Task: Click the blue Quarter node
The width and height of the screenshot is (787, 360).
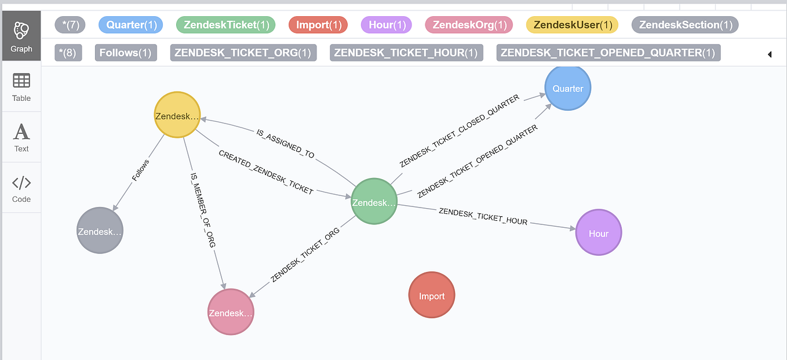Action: [568, 88]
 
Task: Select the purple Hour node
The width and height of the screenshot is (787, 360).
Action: [599, 233]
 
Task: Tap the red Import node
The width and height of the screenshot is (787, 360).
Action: [432, 296]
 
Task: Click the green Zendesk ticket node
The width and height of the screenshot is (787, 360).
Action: [374, 202]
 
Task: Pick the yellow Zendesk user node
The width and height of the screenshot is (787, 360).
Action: [177, 115]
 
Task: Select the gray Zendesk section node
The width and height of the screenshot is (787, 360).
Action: [100, 231]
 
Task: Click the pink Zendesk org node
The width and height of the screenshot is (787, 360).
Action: [231, 312]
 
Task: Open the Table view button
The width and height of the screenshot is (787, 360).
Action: [21, 87]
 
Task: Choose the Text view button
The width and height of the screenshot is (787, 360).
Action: [21, 137]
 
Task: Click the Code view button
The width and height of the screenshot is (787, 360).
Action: [21, 188]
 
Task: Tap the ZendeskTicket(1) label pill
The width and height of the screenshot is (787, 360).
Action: [225, 25]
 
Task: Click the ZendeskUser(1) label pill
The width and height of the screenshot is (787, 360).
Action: [572, 25]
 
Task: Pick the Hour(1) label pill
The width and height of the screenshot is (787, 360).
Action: [386, 25]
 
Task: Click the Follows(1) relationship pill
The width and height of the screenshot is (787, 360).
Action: [126, 53]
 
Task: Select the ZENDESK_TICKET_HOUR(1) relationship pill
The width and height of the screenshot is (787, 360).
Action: [406, 53]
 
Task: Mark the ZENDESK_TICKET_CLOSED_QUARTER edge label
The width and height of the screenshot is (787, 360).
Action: [460, 132]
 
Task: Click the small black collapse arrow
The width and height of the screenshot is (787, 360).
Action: [770, 54]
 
